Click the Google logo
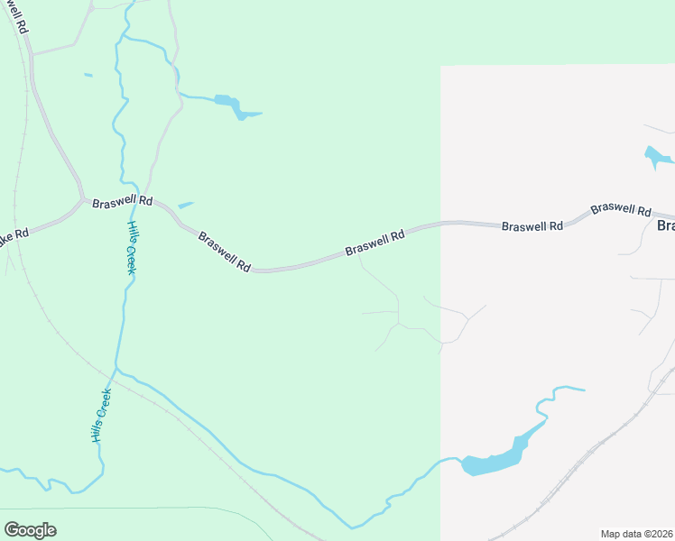[x=31, y=530]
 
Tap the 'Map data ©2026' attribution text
[x=636, y=534]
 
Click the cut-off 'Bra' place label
[x=665, y=225]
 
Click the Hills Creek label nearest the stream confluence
[x=101, y=415]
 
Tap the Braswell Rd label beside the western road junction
[x=123, y=202]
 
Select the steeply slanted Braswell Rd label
[x=224, y=252]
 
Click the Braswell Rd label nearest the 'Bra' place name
[x=621, y=210]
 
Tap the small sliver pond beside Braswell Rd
[x=186, y=206]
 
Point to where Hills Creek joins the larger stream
[x=116, y=370]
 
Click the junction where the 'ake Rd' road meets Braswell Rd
[x=83, y=200]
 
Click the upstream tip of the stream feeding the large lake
[x=583, y=390]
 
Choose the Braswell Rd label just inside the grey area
[x=532, y=225]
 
